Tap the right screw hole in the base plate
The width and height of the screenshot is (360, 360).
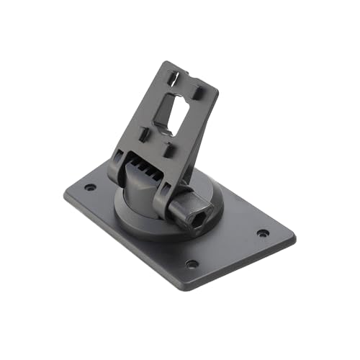point(263,233)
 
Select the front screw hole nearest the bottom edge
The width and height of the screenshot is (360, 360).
point(192,264)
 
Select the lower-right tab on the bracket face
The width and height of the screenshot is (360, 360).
point(167,149)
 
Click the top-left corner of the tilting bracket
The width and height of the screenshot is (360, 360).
point(167,63)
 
